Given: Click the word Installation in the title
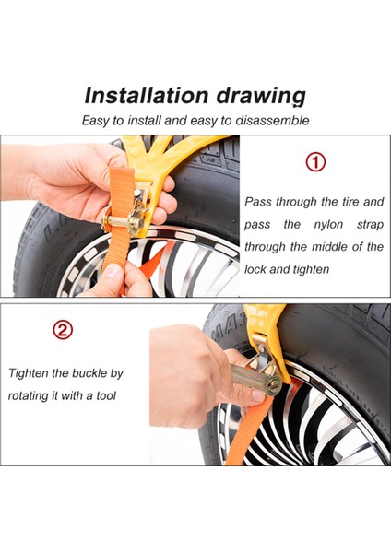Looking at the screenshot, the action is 147,95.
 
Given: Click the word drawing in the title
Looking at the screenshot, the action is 261,97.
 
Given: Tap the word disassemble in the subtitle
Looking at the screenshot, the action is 272,120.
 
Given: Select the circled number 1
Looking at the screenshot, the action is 315,162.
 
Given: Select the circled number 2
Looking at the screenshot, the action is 63,330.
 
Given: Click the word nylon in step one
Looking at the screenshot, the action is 328,225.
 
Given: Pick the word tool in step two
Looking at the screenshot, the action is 106,395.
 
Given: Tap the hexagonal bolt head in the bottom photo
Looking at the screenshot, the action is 273,384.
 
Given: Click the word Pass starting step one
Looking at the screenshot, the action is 257,202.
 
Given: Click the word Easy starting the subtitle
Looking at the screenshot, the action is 96,121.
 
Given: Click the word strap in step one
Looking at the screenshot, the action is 370,225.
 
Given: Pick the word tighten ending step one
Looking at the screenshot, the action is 312,269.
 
